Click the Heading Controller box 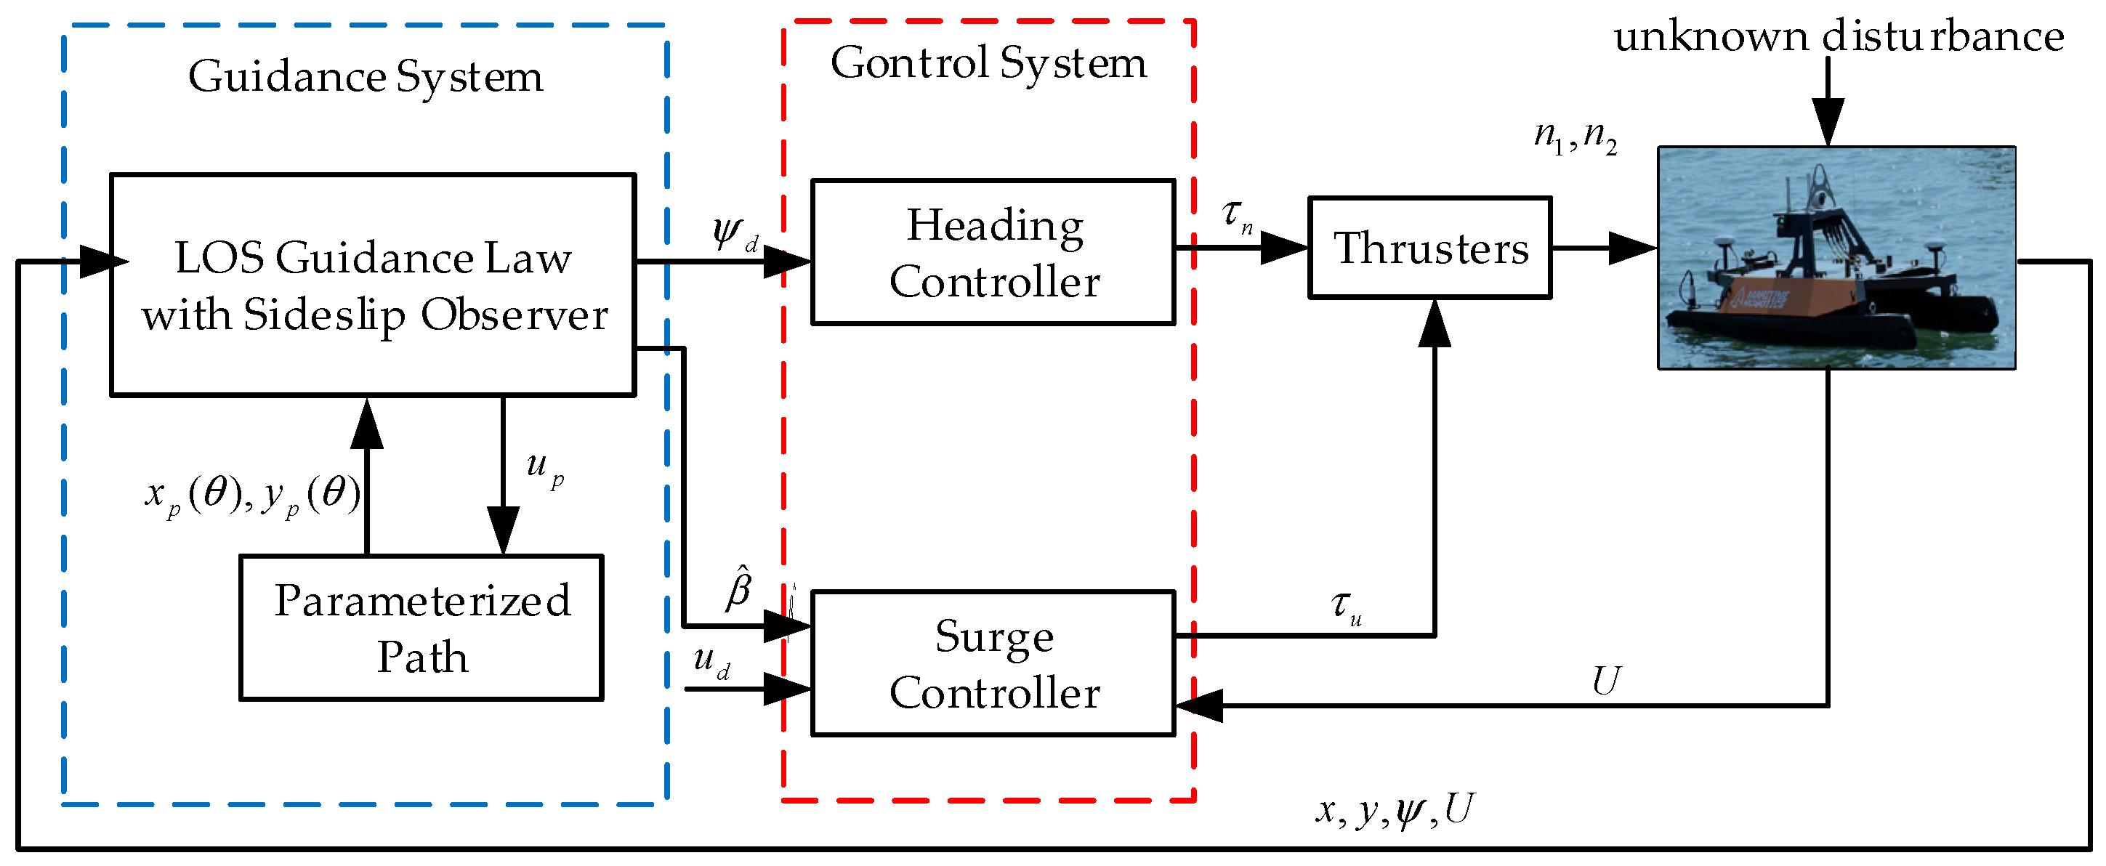(x=993, y=252)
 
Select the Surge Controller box (x=993, y=663)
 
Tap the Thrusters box (x=1430, y=248)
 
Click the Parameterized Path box (x=421, y=628)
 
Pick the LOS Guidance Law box (x=373, y=285)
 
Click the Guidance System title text (x=366, y=77)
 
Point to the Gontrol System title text (x=988, y=63)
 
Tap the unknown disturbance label (x=1839, y=37)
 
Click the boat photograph (x=1836, y=257)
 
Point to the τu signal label (x=1346, y=606)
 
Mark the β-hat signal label (x=738, y=588)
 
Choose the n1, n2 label (x=1575, y=136)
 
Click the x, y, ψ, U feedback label (x=1395, y=811)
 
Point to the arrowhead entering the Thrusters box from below (x=1435, y=321)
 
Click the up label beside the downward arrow (x=544, y=467)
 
